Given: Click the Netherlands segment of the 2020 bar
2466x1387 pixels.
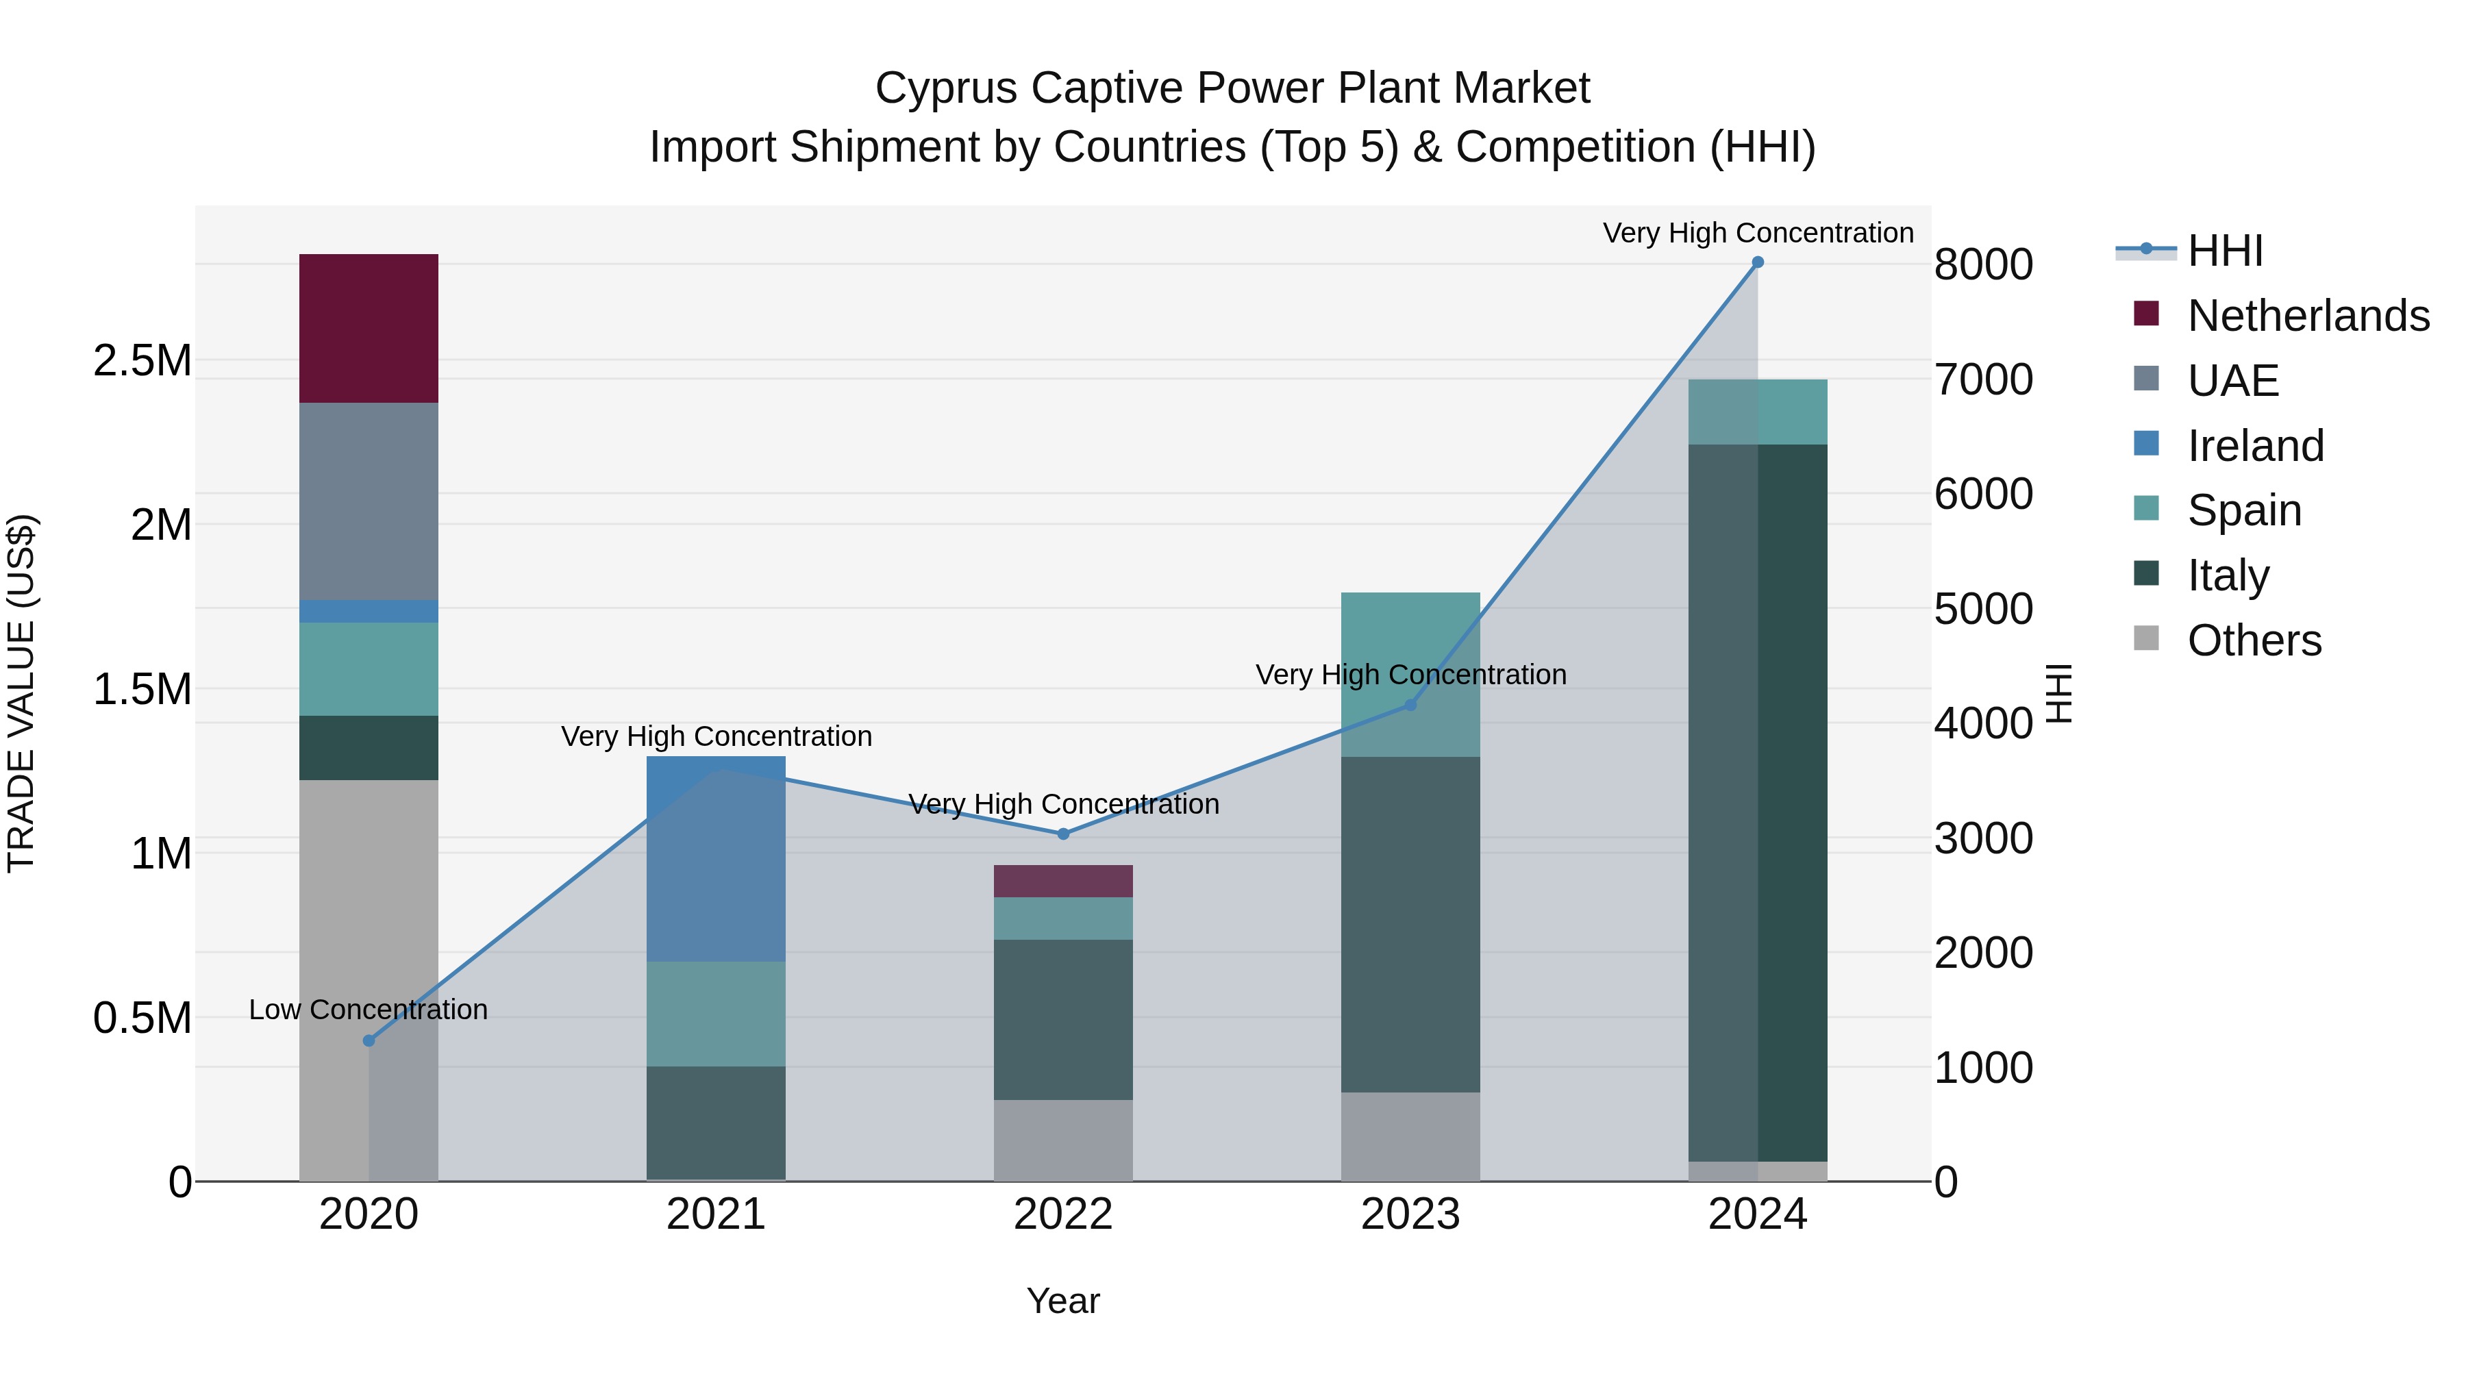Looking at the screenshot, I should (x=369, y=328).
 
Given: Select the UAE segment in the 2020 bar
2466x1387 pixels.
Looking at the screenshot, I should (x=369, y=501).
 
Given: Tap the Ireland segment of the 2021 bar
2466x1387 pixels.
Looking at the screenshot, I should (x=716, y=859).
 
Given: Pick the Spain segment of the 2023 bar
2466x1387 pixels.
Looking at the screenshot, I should (x=1410, y=674).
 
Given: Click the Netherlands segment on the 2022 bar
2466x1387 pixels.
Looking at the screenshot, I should (x=1062, y=881).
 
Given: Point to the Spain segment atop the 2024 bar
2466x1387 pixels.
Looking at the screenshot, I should (x=1758, y=412).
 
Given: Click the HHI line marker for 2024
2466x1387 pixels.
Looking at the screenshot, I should (x=1758, y=262).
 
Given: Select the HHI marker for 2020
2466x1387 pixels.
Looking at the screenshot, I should (x=369, y=1040).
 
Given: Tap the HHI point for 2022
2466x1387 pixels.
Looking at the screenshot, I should (x=1062, y=834).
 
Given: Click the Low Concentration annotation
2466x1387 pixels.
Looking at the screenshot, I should (x=369, y=1010).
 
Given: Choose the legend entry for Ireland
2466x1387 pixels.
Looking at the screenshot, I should (x=2254, y=446).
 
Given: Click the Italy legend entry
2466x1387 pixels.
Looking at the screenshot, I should (x=2227, y=575).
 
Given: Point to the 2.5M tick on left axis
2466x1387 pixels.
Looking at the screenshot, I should (x=142, y=361).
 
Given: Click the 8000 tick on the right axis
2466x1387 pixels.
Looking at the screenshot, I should (x=1982, y=264).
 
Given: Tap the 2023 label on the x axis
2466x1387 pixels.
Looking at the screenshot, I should (x=1410, y=1214).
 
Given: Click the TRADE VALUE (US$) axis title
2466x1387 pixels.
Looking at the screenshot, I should (x=21, y=693).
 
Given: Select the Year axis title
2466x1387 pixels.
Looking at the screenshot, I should (x=1062, y=1301).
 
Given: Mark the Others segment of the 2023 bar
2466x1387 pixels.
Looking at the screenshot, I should (x=1410, y=1136).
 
